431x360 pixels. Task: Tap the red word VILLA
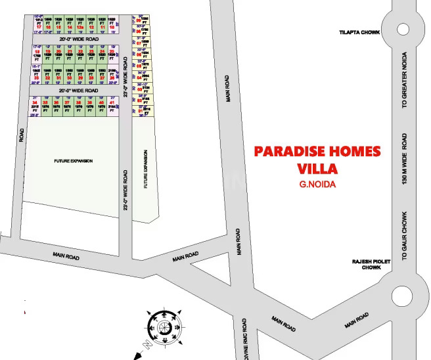click(x=317, y=168)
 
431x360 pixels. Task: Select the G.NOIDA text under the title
click(x=317, y=185)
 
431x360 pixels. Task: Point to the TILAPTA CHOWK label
click(x=356, y=32)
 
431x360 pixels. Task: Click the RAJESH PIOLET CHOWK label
click(x=371, y=264)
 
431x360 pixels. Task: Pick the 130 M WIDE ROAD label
click(x=405, y=157)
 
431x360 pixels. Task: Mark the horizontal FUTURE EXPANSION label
click(x=74, y=160)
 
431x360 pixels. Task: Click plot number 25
click(x=113, y=52)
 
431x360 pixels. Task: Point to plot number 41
click(x=113, y=103)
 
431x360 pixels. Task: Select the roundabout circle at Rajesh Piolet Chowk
click(x=401, y=294)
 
